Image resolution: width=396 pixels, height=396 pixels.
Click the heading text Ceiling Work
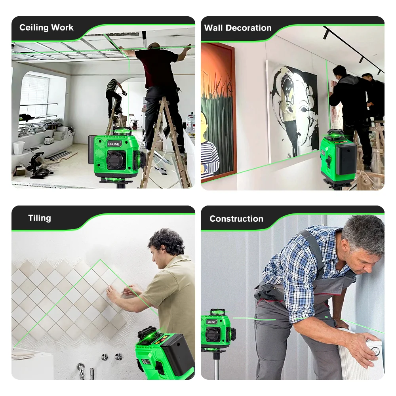click(x=46, y=28)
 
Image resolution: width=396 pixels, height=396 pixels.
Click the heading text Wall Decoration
click(x=238, y=28)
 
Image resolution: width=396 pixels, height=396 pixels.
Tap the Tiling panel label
click(x=40, y=218)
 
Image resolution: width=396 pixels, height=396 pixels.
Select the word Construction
click(x=236, y=219)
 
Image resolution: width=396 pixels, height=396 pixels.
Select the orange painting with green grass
click(x=218, y=111)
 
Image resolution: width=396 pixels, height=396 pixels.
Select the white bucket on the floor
click(x=19, y=148)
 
